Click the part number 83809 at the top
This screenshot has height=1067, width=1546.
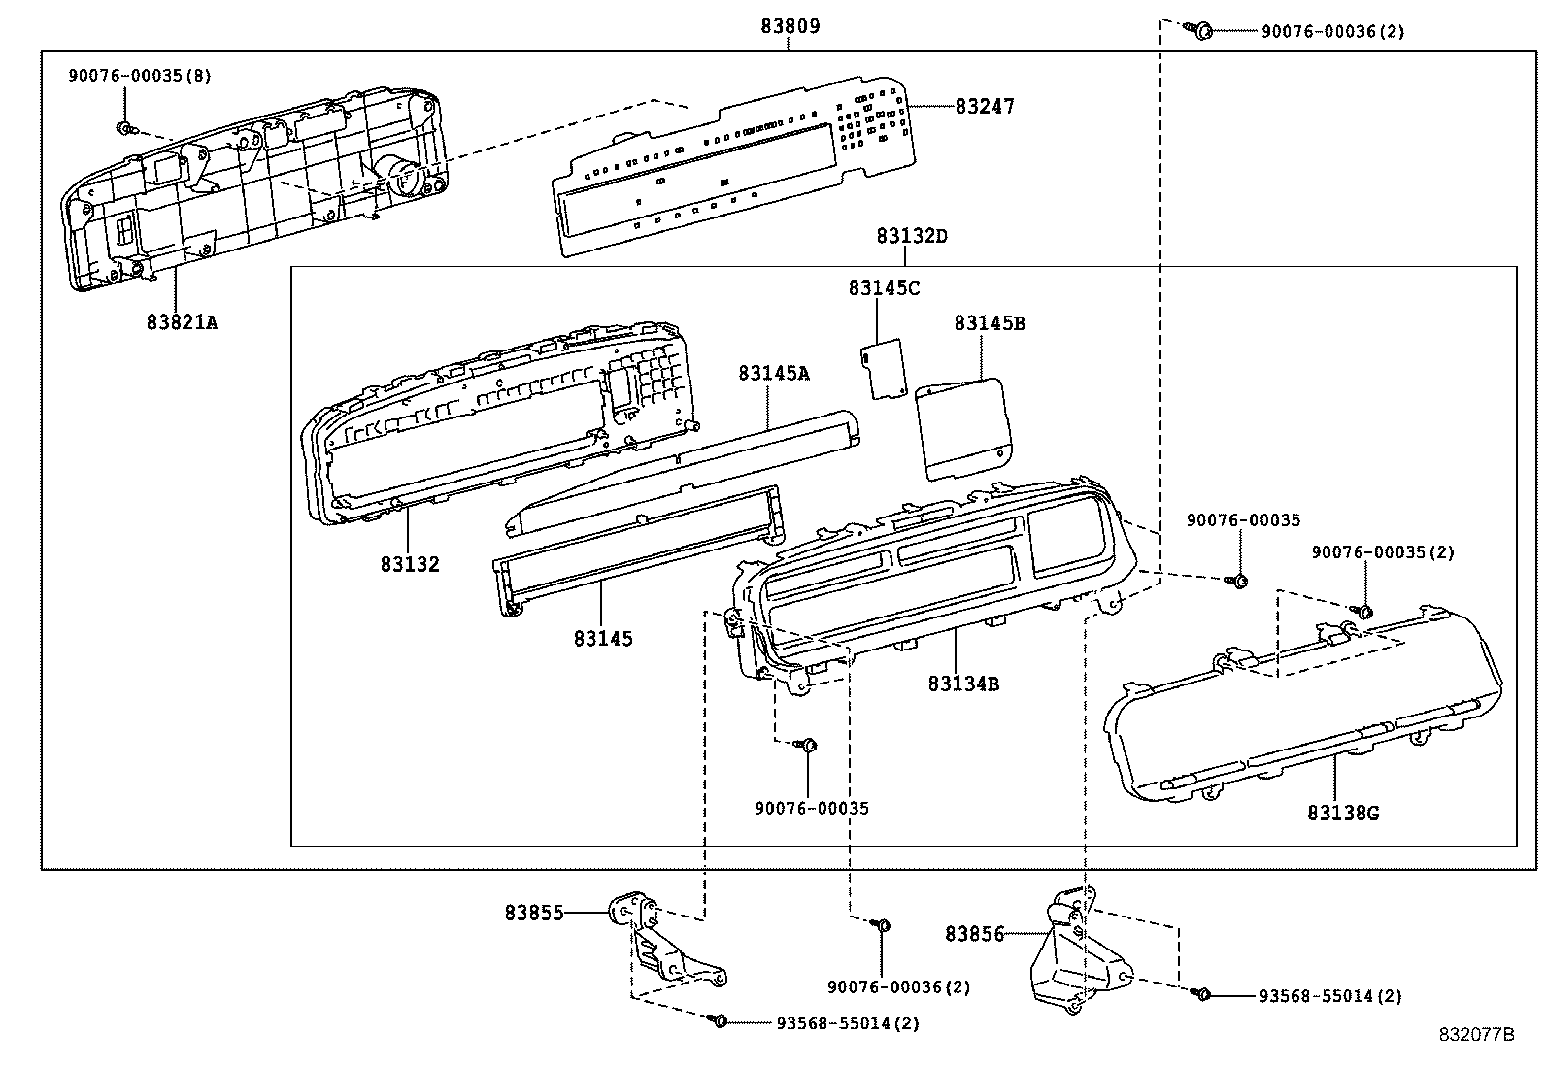click(790, 26)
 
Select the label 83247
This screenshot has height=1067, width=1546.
click(984, 106)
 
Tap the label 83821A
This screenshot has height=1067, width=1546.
click(183, 321)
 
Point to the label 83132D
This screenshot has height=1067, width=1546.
click(911, 236)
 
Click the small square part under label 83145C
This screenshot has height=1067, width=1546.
click(885, 368)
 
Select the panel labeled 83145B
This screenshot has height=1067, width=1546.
click(964, 426)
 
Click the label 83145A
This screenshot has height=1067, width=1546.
click(773, 373)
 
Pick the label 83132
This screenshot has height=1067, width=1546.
click(410, 564)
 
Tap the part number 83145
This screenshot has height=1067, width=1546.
click(602, 639)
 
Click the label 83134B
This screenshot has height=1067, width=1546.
click(963, 684)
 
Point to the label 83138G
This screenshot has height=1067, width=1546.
click(1342, 813)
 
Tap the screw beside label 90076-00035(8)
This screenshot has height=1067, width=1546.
click(124, 127)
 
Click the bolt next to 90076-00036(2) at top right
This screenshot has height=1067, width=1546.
click(1201, 30)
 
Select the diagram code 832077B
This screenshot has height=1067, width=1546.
click(1476, 1035)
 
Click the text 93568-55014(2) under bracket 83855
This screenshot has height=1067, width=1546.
click(847, 1023)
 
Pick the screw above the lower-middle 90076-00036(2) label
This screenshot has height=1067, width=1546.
click(883, 924)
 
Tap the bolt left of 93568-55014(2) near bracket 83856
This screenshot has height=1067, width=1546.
click(1203, 994)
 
